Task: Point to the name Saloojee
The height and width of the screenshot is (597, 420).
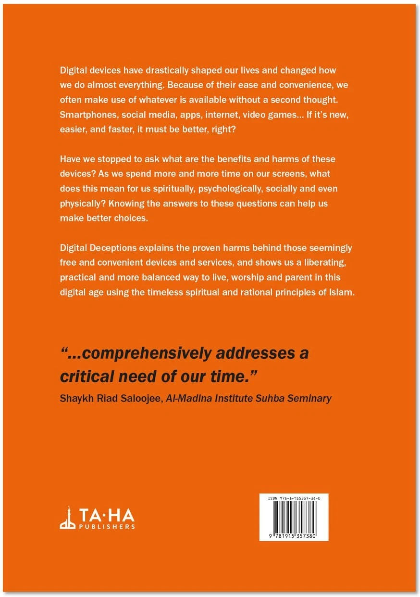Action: pos(139,399)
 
